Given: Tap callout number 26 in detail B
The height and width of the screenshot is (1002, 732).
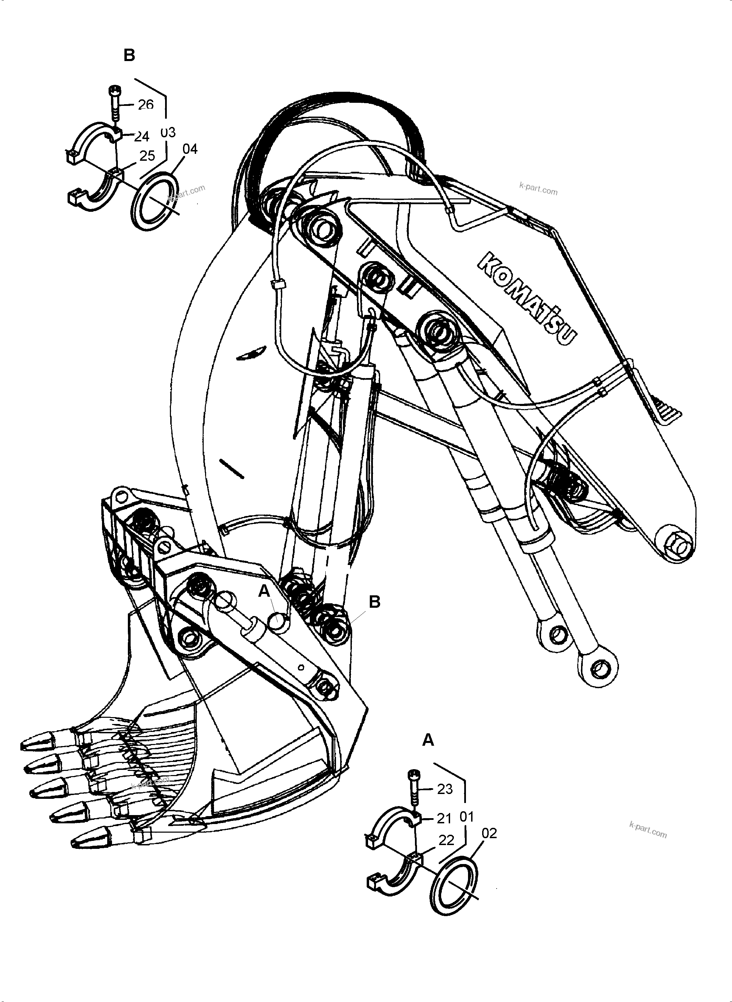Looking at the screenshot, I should point(145,105).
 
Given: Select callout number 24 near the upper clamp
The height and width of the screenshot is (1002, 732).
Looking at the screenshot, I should point(141,136).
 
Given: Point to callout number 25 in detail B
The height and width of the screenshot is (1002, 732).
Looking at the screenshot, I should point(147,156).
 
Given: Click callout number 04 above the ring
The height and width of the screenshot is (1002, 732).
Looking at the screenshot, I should point(190,149).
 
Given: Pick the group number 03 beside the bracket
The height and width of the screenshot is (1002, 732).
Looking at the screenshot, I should point(167,132).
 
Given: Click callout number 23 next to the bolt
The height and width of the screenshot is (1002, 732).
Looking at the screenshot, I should point(445,789).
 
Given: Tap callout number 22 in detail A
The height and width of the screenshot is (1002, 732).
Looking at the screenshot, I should point(446,840).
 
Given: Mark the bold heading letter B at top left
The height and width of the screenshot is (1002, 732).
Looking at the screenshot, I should point(129,56).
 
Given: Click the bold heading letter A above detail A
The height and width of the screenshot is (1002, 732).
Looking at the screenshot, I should point(428,740).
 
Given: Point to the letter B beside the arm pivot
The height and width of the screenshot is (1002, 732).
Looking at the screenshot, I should point(374,602).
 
